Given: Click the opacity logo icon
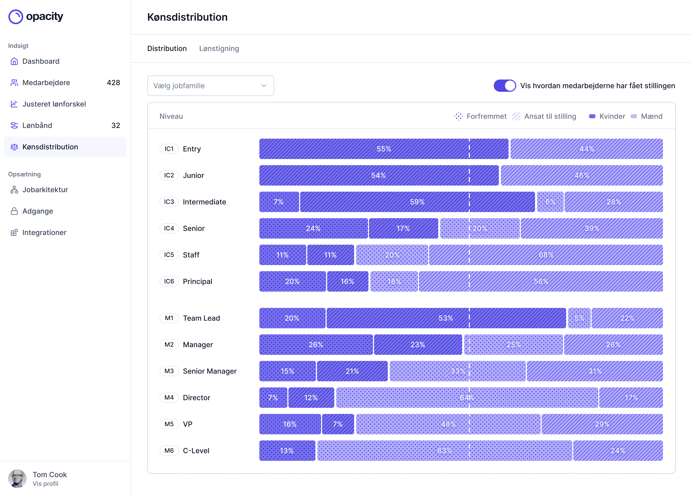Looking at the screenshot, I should click(16, 17).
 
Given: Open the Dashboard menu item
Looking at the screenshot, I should click(41, 61).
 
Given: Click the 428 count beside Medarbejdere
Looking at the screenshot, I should click(113, 83).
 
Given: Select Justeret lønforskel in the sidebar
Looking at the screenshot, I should click(54, 104).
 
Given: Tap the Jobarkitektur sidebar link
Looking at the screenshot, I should click(45, 190).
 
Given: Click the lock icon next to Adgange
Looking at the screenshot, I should click(14, 211).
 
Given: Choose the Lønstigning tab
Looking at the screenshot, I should click(219, 49).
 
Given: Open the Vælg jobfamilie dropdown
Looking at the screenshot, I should click(210, 86).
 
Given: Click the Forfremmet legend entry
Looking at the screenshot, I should click(481, 116).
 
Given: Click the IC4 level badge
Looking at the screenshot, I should click(169, 228).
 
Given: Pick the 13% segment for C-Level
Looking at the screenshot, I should click(287, 450).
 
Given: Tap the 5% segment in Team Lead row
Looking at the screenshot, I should click(579, 318).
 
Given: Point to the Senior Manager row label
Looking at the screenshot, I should click(210, 371).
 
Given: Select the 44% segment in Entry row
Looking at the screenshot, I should click(586, 149).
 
